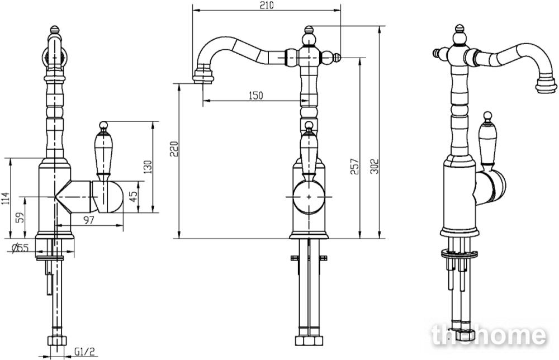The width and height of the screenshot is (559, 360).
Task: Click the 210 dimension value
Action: pyautogui.click(x=266, y=6)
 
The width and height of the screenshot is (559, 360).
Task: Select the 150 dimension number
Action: pyautogui.click(x=255, y=96)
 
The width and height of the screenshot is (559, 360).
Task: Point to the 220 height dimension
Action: pyautogui.click(x=174, y=149)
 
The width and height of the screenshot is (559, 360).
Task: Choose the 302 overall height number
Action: pyautogui.click(x=375, y=166)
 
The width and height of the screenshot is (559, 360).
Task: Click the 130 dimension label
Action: pyautogui.click(x=147, y=167)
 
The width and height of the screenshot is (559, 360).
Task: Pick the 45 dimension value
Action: pyautogui.click(x=133, y=196)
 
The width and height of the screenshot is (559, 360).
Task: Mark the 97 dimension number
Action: pyautogui.click(x=88, y=220)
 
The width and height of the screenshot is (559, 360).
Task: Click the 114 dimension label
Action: pyautogui.click(x=5, y=198)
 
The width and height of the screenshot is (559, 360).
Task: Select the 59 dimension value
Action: pyautogui.click(x=21, y=217)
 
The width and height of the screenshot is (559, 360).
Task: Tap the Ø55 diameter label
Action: pyautogui.click(x=20, y=248)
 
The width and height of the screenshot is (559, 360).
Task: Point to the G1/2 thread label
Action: pyautogui.click(x=84, y=352)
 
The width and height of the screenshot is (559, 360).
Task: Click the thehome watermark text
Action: pyautogui.click(x=488, y=335)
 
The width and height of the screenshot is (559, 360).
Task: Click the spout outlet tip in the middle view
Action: pyautogui.click(x=203, y=77)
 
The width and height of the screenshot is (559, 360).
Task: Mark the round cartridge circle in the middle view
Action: pyautogui.click(x=309, y=197)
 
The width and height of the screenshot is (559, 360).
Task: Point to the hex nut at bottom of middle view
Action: pyautogui.click(x=309, y=340)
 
